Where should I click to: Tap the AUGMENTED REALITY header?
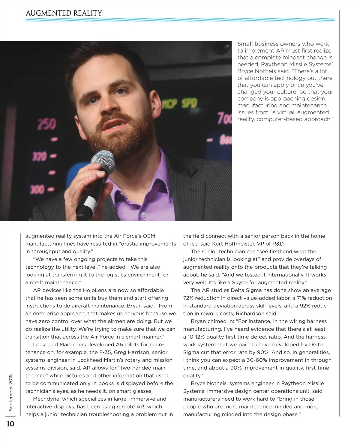click(64, 13)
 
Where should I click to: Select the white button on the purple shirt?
click(144, 215)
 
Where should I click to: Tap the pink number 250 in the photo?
click(46, 124)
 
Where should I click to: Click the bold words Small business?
click(258, 44)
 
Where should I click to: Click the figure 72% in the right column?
click(189, 298)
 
